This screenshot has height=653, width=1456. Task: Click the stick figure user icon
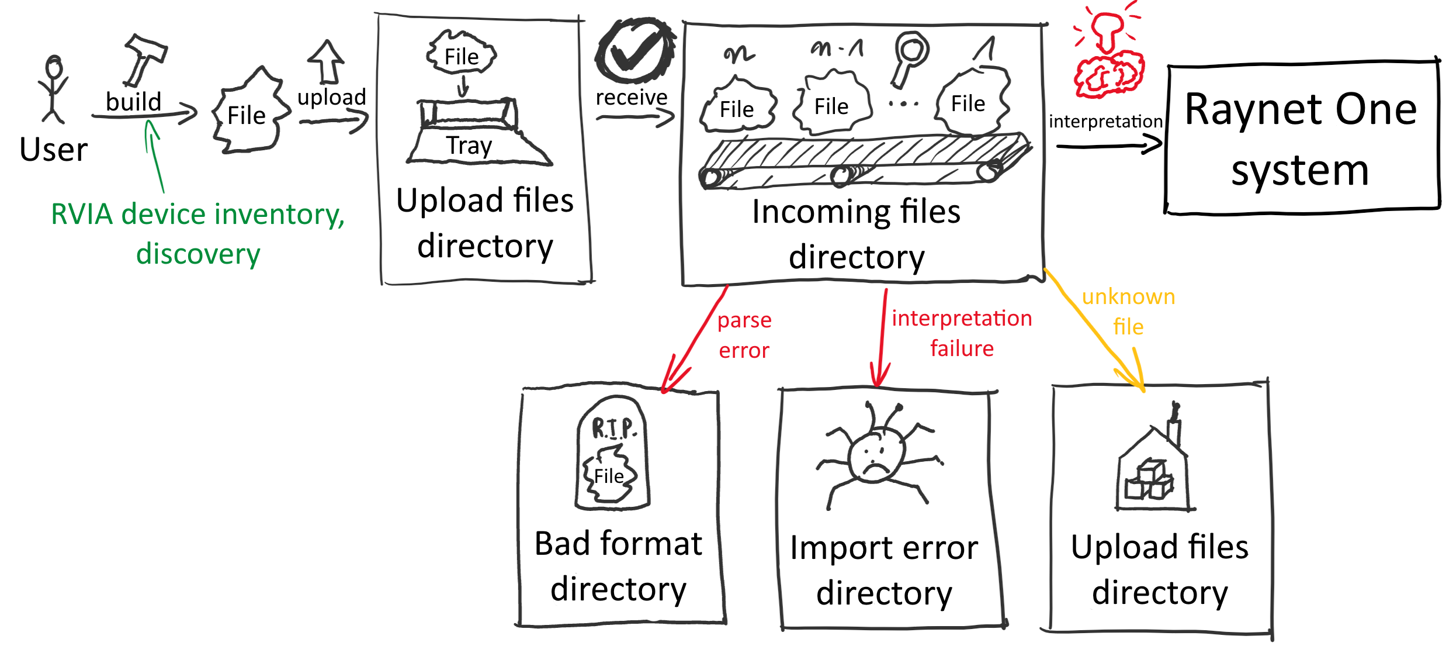click(53, 89)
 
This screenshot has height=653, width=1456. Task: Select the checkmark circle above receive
click(634, 50)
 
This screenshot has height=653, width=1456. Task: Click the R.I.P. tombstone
click(612, 453)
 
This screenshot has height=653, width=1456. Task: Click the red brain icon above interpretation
click(1107, 58)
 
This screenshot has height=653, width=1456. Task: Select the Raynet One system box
click(1302, 139)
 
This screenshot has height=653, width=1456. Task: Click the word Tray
click(469, 145)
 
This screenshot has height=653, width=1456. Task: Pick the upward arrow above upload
click(327, 61)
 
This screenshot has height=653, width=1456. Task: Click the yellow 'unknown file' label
click(1128, 312)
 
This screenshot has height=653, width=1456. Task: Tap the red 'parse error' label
click(744, 335)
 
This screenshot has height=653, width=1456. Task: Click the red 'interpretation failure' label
click(962, 333)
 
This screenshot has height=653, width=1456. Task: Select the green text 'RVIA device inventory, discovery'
click(198, 234)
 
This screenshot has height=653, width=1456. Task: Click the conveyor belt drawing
click(865, 161)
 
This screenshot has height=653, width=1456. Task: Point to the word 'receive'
click(631, 97)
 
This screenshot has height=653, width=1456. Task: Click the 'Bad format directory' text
click(618, 566)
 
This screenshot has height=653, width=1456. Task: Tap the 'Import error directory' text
click(884, 570)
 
